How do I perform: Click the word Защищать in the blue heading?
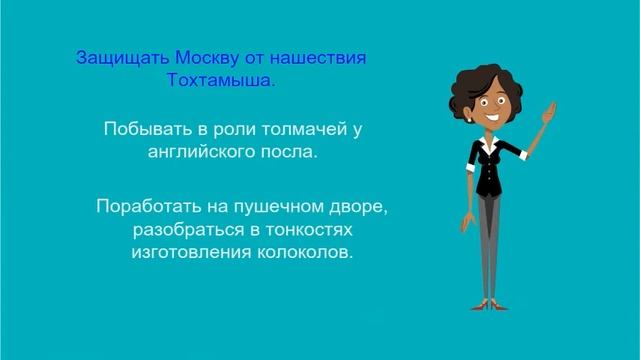[x=115, y=56]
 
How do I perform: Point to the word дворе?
[x=356, y=208]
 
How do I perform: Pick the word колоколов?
[x=308, y=254]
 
